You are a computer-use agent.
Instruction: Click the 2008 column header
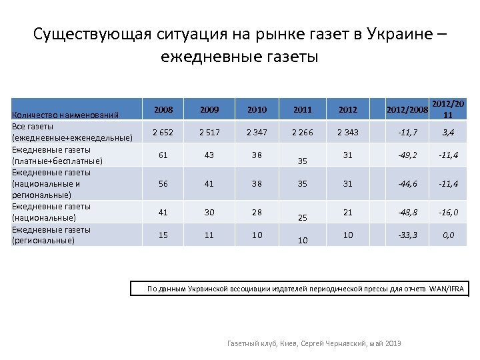coord(163,109)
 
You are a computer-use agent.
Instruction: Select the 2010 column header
coord(256,109)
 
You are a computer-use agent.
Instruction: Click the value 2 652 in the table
coord(163,132)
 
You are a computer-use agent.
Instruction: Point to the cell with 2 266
coord(303,132)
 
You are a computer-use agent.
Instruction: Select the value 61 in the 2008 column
coord(163,155)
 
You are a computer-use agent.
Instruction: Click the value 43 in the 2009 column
coord(209,155)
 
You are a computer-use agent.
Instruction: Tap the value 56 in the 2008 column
coord(163,183)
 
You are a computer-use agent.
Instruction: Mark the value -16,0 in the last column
coord(448,212)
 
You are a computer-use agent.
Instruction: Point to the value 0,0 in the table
coord(448,235)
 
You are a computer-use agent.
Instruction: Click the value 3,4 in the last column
coord(448,133)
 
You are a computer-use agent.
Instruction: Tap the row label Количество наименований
coord(65,115)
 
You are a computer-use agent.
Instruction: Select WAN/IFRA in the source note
coord(448,289)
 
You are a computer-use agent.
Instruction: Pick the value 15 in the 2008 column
coord(163,235)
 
